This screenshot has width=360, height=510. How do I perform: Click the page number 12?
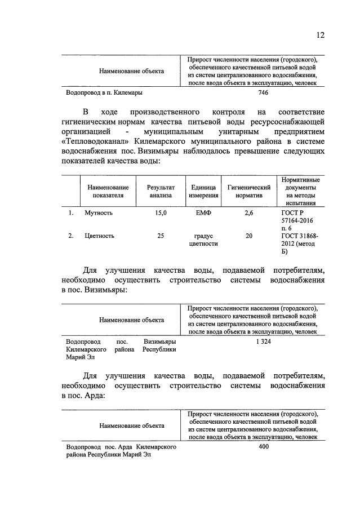320,36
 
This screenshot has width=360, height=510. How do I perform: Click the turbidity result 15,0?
161,214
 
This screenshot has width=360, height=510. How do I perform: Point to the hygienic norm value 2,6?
249,214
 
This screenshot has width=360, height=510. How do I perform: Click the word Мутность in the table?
99,214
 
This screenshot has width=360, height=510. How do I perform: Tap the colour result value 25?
161,236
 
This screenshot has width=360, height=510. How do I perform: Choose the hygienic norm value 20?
249,236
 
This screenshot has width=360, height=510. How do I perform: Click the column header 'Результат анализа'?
161,192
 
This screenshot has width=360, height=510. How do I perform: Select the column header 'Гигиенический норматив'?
249,192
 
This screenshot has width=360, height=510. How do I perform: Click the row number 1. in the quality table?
71,214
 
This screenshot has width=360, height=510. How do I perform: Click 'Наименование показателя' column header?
108,192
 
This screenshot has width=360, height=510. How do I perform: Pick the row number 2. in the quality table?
71,236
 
